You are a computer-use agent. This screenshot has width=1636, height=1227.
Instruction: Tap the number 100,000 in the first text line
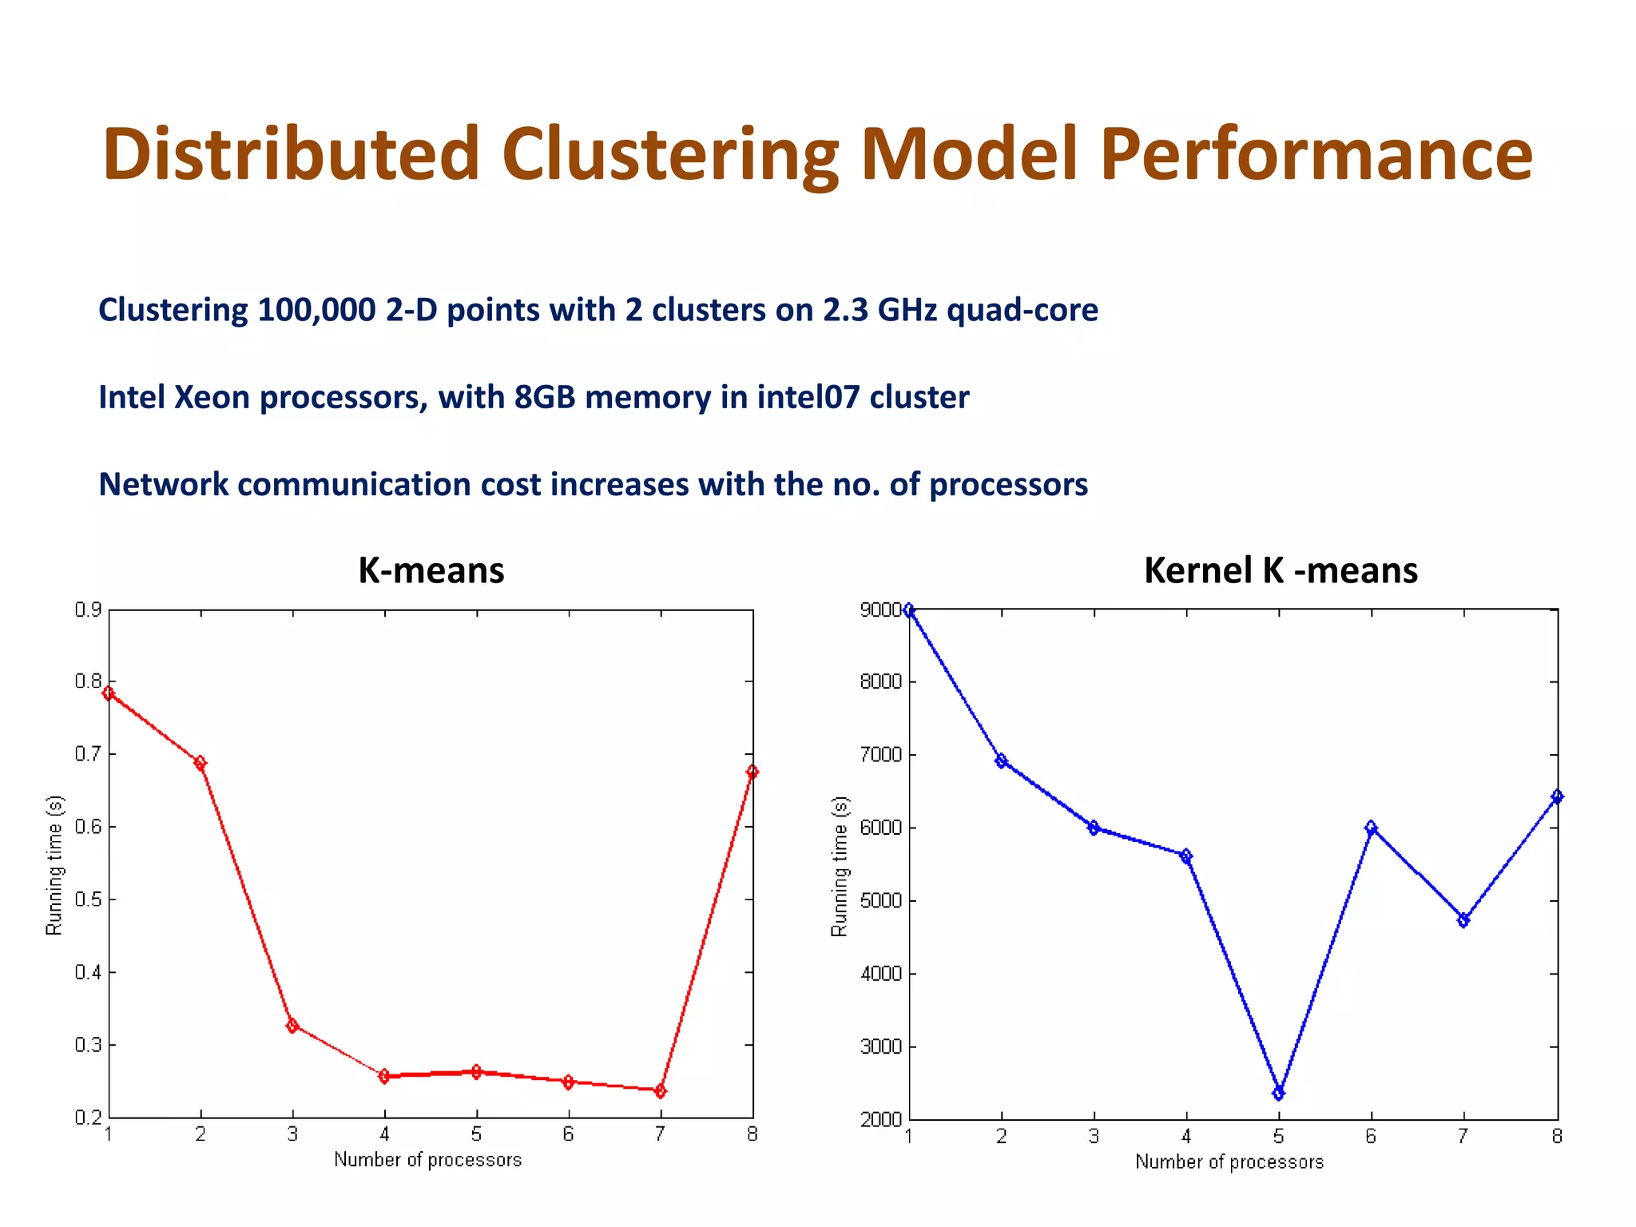pos(316,310)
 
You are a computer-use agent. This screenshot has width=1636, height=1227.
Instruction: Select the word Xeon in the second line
pos(212,398)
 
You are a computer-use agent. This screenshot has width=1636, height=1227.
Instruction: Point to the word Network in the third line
pos(163,485)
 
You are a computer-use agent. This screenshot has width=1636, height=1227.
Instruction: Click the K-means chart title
pos(431,570)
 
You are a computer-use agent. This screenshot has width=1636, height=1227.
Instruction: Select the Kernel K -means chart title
pos(1280,570)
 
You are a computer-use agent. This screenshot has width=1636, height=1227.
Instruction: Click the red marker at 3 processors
pos(292,1026)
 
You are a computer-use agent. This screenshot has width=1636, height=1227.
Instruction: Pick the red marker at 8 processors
pos(752,772)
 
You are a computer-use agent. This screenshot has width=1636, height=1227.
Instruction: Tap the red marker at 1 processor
pos(109,693)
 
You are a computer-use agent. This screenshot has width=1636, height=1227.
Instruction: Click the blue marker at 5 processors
pos(1278,1093)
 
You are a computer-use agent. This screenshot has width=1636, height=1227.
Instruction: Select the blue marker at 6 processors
pos(1371,828)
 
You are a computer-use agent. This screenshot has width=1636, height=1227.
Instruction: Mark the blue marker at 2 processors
pos(1001,760)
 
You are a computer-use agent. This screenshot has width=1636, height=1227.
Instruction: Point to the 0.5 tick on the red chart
pos(88,899)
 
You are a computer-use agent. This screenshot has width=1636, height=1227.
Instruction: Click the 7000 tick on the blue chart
pos(880,755)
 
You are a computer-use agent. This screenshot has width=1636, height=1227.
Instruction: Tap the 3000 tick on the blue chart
pos(880,1046)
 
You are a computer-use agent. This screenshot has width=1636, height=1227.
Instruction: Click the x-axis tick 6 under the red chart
pos(568,1134)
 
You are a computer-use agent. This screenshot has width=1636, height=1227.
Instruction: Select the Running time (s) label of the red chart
pos(54,865)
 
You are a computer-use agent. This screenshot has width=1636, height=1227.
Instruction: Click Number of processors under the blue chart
pos(1229,1162)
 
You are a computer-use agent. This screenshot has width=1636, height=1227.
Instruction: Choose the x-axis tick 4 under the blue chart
pos(1186,1136)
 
